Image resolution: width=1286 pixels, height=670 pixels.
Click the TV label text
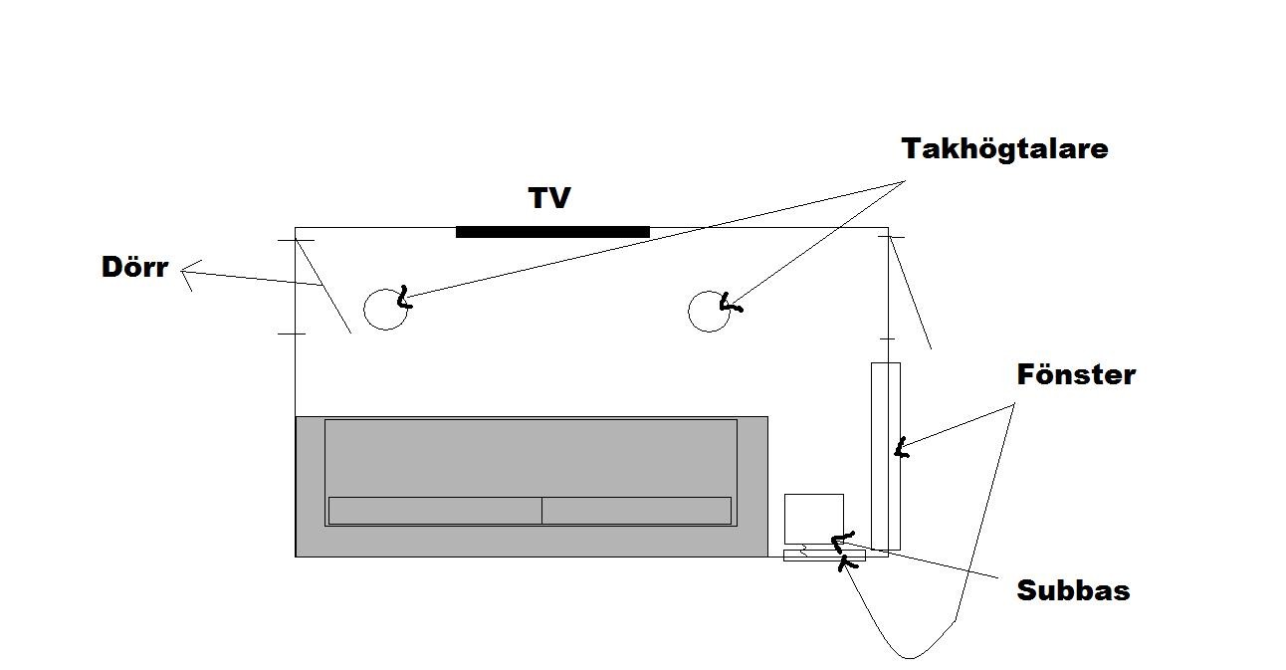point(549,198)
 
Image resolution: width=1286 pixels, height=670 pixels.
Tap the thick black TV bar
point(552,232)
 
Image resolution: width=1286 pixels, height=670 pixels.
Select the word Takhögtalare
point(1004,149)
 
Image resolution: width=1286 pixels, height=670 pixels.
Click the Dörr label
point(135,267)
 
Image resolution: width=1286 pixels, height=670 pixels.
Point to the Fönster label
point(1076,375)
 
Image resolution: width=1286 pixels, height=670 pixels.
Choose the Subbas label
point(1074,590)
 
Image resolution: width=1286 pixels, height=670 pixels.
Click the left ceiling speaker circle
point(364,310)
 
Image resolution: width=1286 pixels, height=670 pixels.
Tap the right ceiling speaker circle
point(689,312)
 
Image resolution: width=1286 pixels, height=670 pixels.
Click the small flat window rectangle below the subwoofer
point(824,556)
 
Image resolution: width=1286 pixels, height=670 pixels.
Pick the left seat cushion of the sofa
point(435,511)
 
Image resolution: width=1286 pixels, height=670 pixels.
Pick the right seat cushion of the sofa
point(637,511)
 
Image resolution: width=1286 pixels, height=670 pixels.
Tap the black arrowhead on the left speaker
point(405,298)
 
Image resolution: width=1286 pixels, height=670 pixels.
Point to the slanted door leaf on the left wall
point(322,286)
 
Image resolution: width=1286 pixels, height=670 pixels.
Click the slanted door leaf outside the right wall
point(910,293)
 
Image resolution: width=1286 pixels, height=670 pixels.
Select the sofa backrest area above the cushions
point(532,458)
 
